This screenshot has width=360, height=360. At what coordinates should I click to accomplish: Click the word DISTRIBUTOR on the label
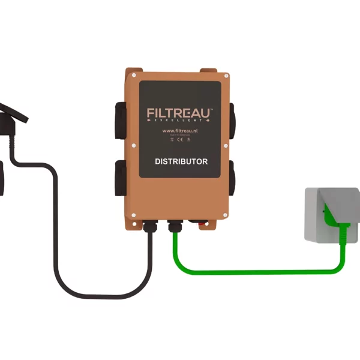pos(181,161)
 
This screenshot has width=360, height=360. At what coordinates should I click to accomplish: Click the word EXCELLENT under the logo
pos(180,121)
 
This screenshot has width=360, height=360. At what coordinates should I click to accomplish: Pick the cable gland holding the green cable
pos(175,228)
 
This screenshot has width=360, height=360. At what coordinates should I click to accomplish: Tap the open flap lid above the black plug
pos(15,112)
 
